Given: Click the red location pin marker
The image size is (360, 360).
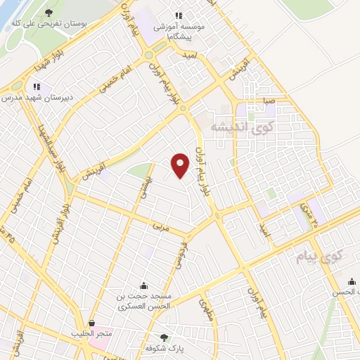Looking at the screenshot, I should click(x=181, y=165).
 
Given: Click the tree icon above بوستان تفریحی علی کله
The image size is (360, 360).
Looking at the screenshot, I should click(x=49, y=13).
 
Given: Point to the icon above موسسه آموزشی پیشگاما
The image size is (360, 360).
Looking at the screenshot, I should click(x=179, y=15).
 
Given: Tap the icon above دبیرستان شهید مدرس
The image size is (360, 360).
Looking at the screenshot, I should click(x=32, y=87).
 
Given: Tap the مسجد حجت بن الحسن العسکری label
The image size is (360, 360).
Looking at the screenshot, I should click(x=143, y=302).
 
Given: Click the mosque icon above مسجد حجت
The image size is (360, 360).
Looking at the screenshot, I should click(x=143, y=285).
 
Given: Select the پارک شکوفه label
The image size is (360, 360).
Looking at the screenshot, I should click(x=164, y=349).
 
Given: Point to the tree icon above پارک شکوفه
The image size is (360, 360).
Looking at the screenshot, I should click(x=164, y=337).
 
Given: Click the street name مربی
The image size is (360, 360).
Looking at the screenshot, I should click(x=160, y=227).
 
